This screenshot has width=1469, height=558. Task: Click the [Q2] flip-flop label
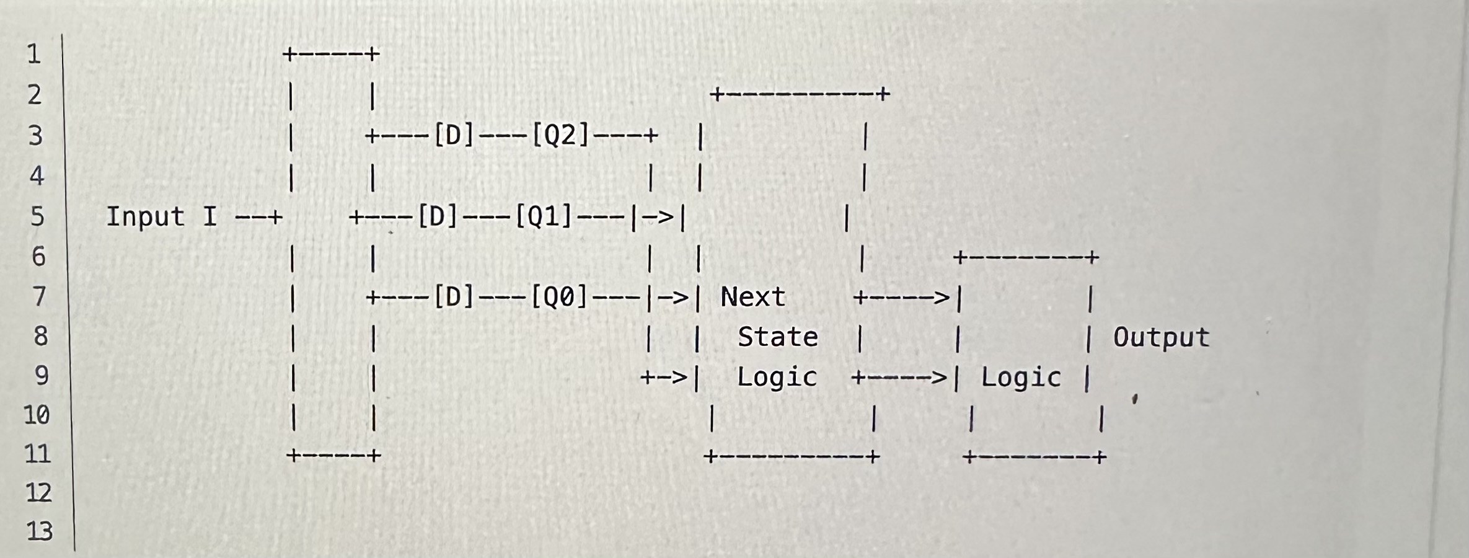(560, 135)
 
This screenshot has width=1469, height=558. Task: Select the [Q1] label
(544, 217)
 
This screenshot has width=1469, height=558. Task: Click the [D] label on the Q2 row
(453, 135)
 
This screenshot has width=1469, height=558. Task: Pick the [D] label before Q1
(438, 217)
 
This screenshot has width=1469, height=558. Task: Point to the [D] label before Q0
(453, 298)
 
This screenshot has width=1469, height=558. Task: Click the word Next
(752, 298)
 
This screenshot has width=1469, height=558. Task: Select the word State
(777, 337)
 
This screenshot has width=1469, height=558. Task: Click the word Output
(1161, 338)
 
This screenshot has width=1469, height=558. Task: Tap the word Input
(145, 217)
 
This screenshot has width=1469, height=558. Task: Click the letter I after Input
(210, 217)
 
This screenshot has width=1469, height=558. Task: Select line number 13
(39, 531)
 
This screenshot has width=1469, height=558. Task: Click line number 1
(34, 55)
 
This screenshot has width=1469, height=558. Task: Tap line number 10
(37, 415)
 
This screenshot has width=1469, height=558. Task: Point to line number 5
(37, 217)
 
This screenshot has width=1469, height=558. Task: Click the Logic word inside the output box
(1021, 378)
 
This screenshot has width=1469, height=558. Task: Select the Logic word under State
(777, 378)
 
